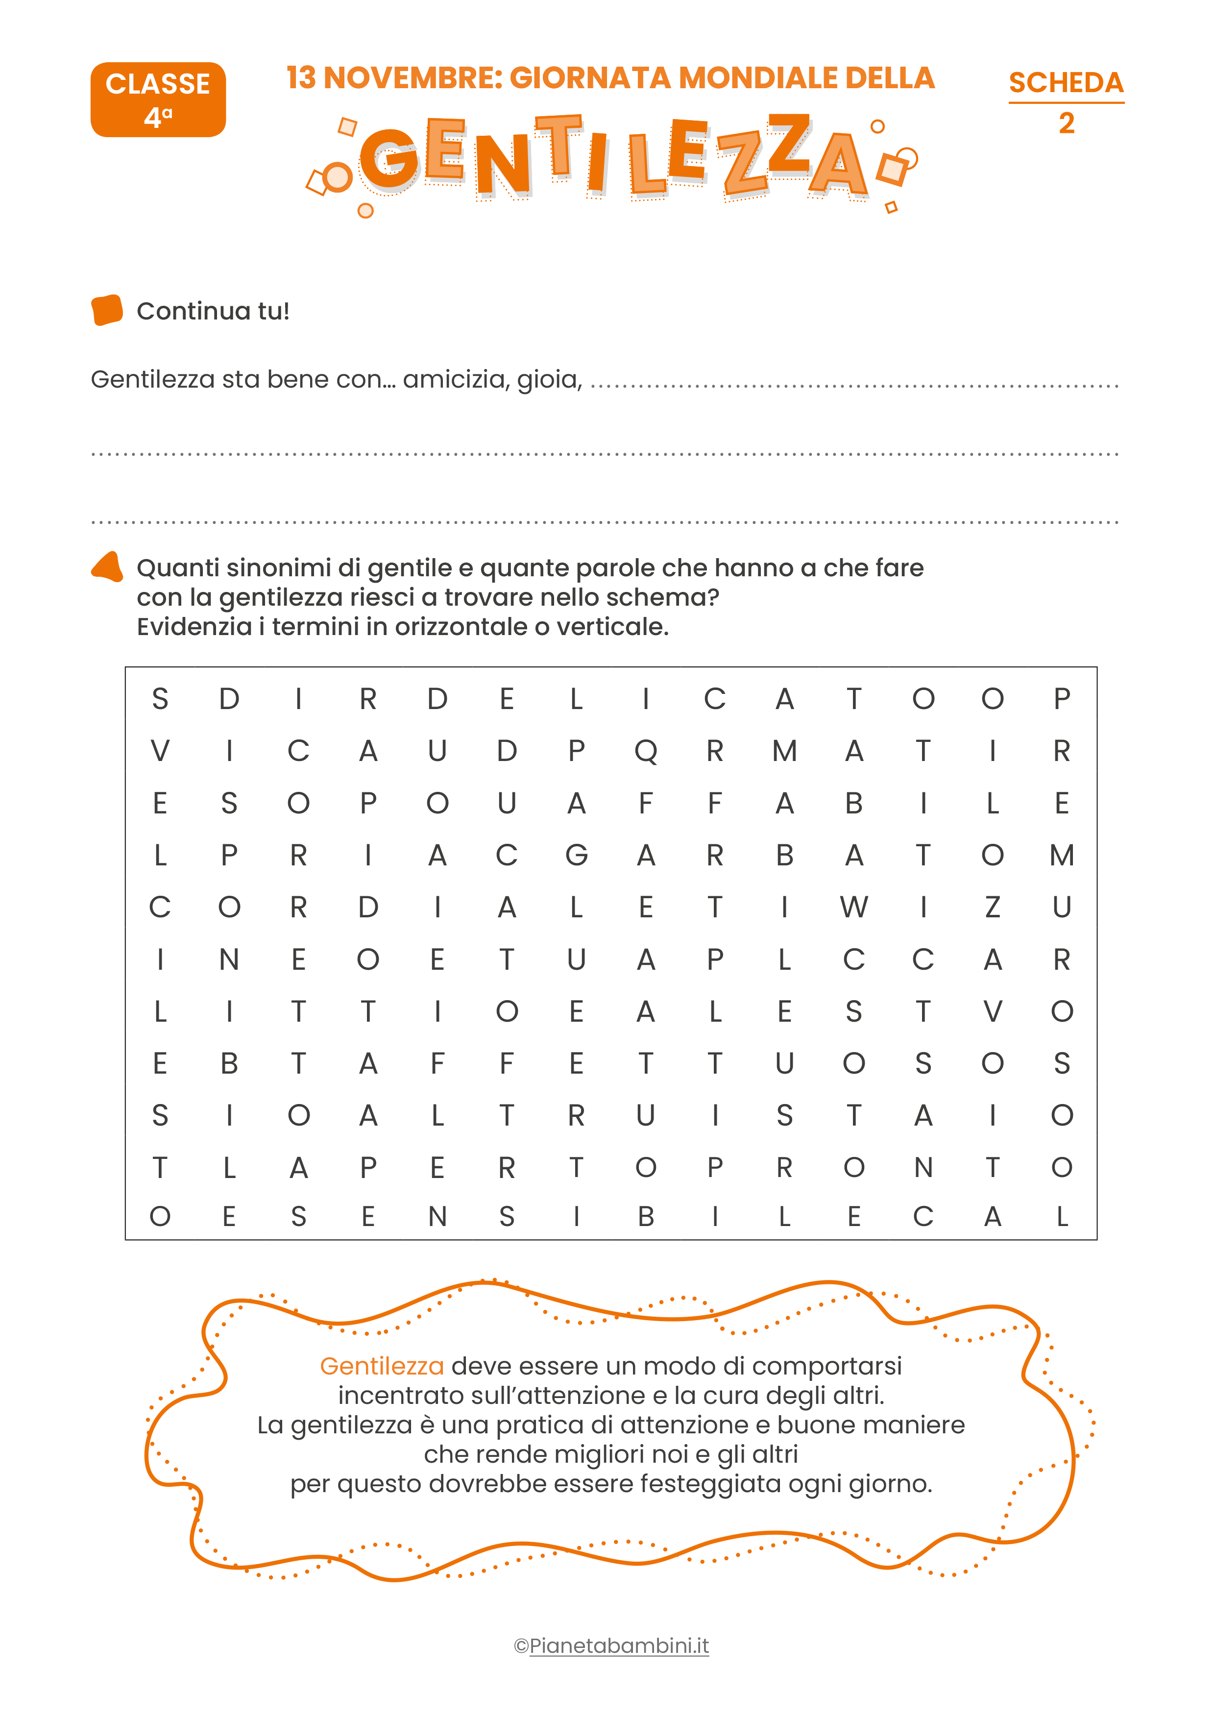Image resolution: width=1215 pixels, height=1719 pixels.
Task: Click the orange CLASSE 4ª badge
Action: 158,99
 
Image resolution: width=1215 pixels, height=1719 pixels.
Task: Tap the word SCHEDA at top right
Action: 1066,82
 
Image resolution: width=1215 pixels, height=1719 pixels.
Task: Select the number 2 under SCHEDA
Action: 1067,123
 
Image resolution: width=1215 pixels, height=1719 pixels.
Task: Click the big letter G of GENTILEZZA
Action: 389,159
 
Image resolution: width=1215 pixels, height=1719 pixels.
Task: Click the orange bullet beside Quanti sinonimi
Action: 107,567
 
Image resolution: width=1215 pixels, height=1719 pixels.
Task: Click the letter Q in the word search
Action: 645,751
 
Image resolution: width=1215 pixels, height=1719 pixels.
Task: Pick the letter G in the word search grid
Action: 576,855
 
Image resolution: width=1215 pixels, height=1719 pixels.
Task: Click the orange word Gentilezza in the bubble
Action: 382,1366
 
